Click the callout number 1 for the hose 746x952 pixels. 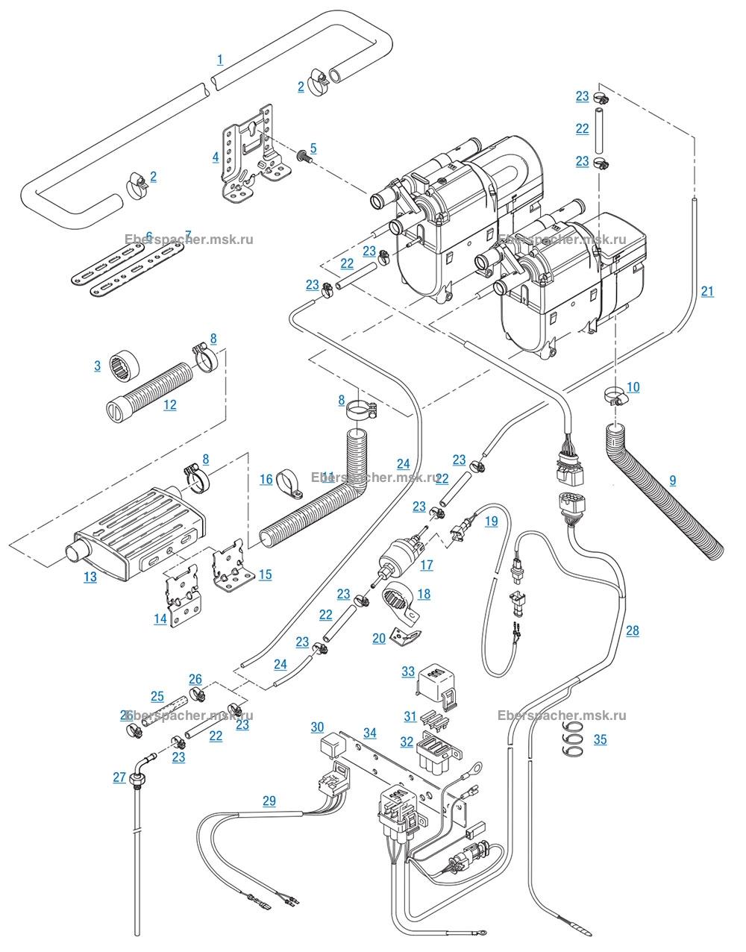coord(220,59)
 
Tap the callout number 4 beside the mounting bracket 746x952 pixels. coord(216,157)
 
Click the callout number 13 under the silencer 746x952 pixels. coord(90,577)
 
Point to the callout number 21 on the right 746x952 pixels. coord(707,291)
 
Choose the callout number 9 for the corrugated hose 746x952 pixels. coord(672,480)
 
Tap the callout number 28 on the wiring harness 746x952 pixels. coord(633,631)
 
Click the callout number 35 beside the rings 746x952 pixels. coord(601,739)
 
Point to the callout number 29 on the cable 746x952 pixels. coord(269,801)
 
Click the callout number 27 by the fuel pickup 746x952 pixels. coord(119,777)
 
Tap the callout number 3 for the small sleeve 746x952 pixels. coord(98,366)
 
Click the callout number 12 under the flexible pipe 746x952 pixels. coord(170,404)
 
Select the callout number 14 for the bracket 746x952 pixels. coord(160,619)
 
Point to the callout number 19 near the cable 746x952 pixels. coord(491,522)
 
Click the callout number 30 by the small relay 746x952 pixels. coord(318,727)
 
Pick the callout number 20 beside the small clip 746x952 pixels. coord(379,638)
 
